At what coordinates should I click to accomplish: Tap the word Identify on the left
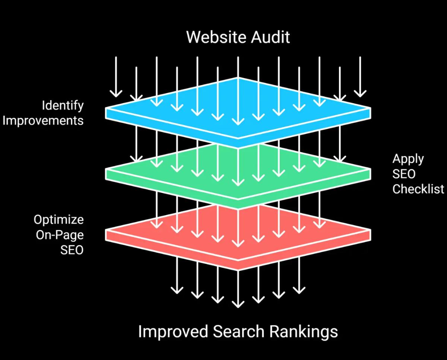coord(63,106)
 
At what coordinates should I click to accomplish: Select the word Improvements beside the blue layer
coord(43,121)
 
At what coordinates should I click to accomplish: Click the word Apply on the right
coord(408,159)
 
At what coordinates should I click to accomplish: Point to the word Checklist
coord(418,189)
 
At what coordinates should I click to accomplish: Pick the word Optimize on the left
coord(59,220)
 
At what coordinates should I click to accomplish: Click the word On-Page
coord(60,235)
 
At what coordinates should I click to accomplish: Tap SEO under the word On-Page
coord(72,250)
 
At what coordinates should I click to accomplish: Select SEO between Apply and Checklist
coord(404,174)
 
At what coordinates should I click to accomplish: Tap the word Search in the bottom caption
coord(232,331)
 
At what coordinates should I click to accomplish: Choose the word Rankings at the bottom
coord(301,331)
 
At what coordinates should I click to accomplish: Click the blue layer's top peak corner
coord(238,78)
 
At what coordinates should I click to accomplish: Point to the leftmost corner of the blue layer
coord(106,111)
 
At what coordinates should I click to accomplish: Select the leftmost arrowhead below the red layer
coord(177,291)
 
